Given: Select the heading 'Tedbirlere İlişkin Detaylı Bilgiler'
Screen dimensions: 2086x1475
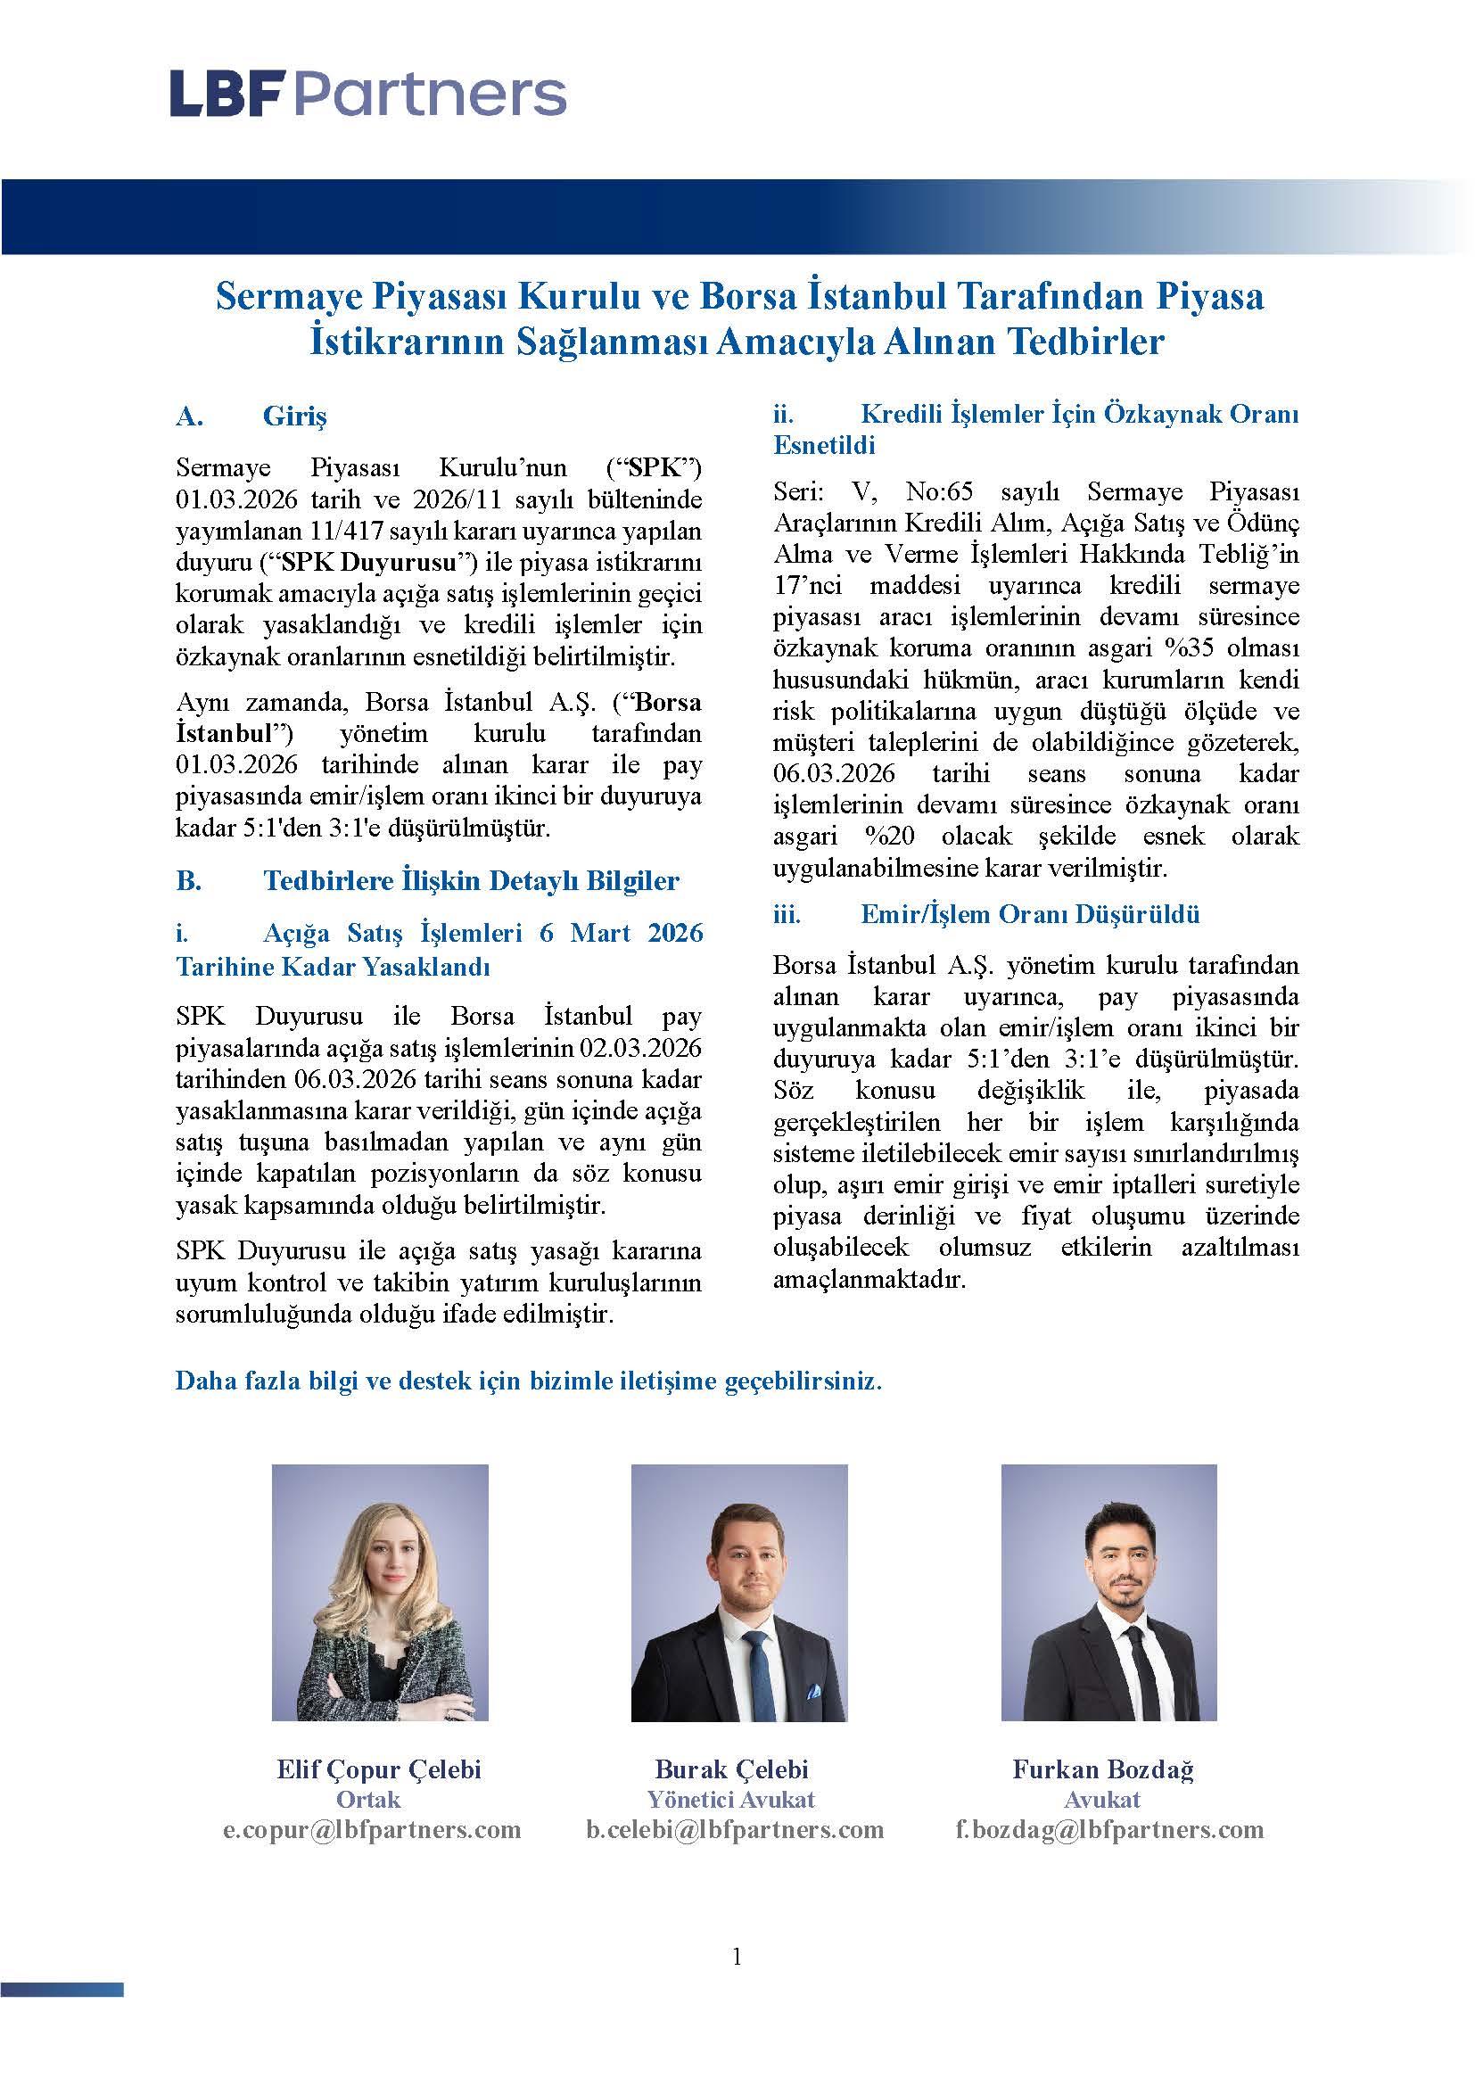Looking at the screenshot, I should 471,880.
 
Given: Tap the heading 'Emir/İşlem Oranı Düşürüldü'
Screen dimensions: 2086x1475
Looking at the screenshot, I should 1030,914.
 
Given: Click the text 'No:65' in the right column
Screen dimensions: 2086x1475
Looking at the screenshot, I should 939,492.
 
